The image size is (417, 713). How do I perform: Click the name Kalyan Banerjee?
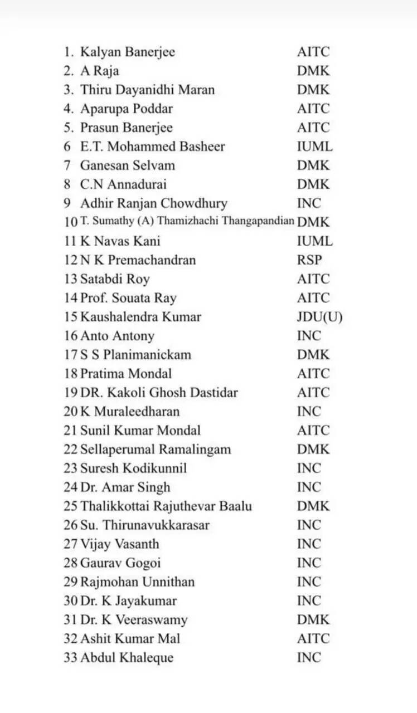point(127,52)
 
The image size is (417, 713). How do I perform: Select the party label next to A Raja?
point(313,71)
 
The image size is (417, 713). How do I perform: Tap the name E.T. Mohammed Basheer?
point(152,147)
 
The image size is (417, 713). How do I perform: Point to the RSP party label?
point(309,260)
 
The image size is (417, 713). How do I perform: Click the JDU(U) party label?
point(319,317)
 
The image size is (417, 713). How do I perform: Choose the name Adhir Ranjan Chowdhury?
point(153,203)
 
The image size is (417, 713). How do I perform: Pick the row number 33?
point(70,658)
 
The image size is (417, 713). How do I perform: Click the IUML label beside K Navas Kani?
point(314,241)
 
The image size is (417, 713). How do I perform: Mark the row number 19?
point(70,393)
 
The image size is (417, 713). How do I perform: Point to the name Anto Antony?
point(117,336)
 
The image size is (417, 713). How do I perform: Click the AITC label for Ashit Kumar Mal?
point(313,639)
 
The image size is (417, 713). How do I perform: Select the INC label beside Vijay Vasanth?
point(309,544)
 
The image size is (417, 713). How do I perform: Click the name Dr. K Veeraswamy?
point(134,620)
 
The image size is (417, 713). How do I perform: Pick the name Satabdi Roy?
point(115,279)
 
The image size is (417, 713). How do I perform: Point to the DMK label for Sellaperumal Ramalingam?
point(313,450)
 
